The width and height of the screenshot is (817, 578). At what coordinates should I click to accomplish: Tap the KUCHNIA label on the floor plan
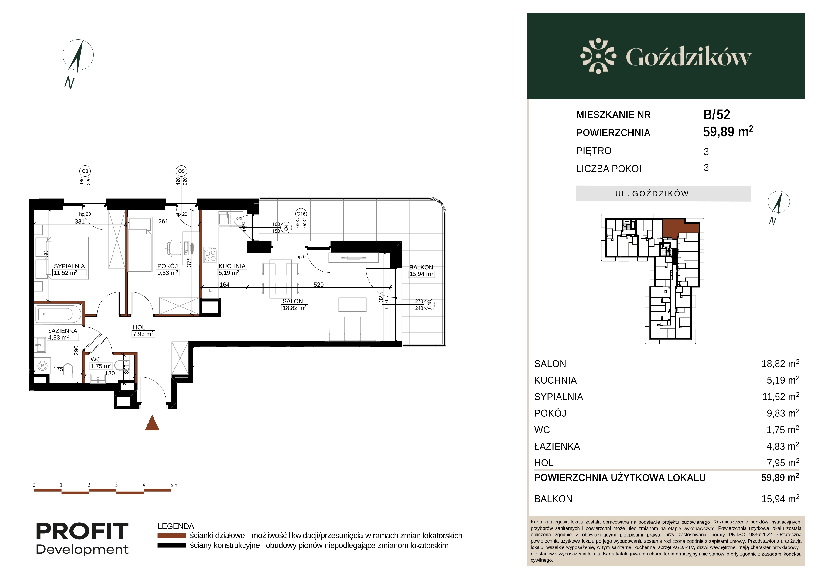232,266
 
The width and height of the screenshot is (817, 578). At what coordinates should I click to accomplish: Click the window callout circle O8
85,171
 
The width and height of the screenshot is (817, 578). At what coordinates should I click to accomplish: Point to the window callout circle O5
181,171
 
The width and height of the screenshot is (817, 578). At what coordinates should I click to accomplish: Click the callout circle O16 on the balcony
301,214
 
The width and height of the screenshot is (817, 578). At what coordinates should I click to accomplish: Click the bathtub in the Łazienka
58,314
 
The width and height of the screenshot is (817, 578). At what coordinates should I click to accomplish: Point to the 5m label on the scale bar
174,485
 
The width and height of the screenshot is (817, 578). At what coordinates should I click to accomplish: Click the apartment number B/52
717,115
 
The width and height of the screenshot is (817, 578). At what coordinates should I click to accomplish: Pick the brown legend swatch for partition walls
172,536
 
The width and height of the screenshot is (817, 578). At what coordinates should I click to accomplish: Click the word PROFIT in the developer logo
82,531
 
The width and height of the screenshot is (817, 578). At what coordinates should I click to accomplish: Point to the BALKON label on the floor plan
421,267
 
